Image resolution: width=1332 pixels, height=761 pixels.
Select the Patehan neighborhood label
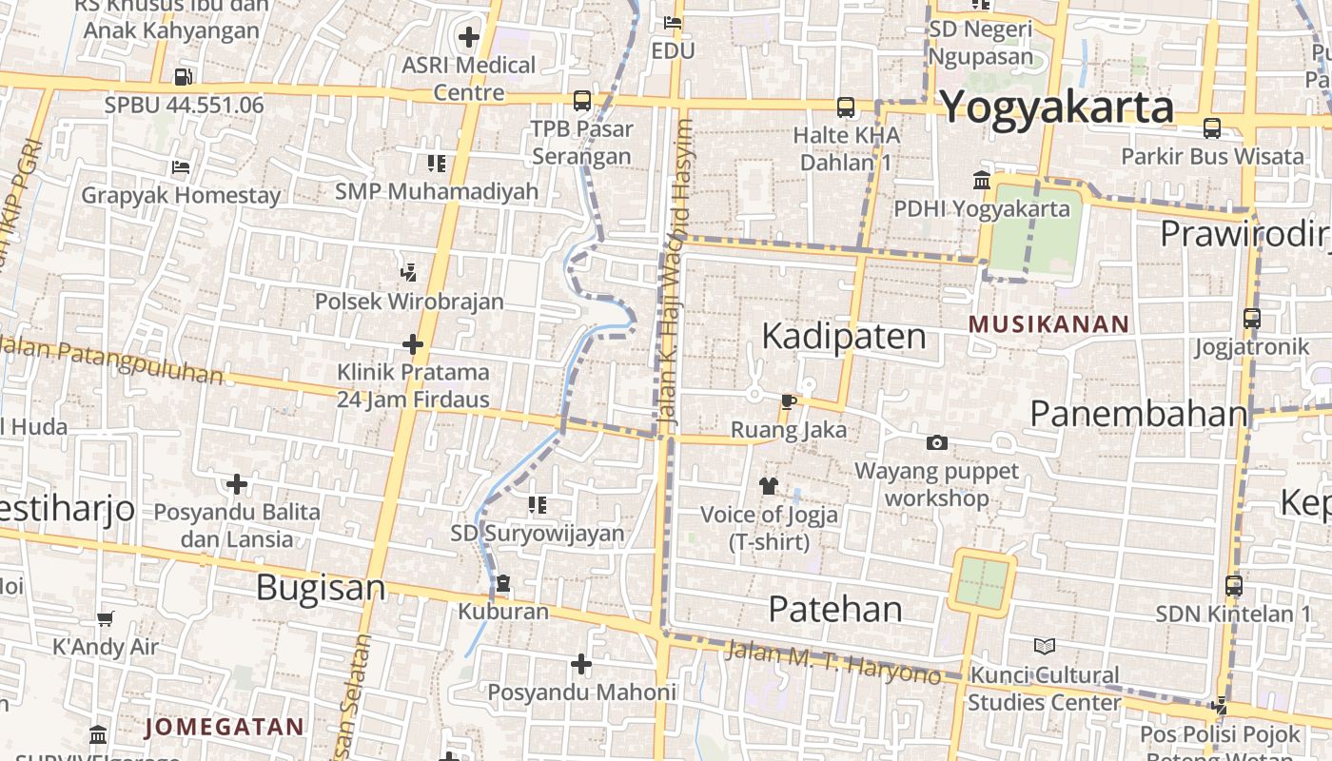[834, 609]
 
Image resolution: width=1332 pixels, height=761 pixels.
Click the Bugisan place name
[321, 587]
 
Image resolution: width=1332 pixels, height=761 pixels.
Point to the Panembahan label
[1138, 414]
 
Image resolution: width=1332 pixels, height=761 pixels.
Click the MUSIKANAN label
[1048, 324]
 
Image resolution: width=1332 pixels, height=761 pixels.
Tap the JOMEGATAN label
[225, 728]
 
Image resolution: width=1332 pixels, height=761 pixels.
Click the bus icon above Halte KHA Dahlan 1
[845, 107]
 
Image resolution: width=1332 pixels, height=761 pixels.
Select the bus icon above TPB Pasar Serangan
[581, 101]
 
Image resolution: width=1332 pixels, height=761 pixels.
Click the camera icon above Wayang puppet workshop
[937, 442]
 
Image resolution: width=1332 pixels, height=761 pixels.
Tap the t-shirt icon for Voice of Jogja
[769, 486]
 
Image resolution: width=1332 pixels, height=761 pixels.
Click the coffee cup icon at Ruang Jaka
[788, 401]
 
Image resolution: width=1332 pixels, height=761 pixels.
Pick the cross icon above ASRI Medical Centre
[468, 37]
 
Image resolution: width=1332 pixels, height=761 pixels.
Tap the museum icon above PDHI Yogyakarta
[981, 180]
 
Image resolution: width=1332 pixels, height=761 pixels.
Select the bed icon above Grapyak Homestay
[181, 167]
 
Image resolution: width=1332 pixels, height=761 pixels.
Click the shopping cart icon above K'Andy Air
[105, 619]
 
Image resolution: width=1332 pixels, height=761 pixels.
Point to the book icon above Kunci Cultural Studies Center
[1044, 647]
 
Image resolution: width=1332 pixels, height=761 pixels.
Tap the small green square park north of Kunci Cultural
[981, 583]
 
